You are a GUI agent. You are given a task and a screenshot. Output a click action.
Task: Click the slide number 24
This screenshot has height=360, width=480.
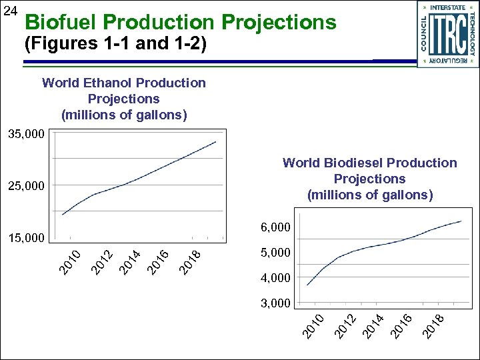tap(9, 11)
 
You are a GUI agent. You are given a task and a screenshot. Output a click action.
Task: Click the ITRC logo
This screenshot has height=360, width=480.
tap(447, 34)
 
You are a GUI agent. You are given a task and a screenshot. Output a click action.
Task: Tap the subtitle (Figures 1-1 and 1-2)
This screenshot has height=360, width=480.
tap(115, 45)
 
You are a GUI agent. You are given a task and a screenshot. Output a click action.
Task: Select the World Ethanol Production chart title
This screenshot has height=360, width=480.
tap(124, 99)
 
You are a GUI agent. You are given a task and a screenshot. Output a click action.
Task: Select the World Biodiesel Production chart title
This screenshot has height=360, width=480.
tap(369, 179)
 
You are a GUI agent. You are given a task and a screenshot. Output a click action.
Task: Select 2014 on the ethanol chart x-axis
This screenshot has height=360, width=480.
tap(130, 261)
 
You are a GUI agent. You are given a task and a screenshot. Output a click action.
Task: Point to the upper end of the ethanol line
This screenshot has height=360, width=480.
tap(215, 142)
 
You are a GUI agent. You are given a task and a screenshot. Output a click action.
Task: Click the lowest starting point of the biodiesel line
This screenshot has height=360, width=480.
tap(307, 285)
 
